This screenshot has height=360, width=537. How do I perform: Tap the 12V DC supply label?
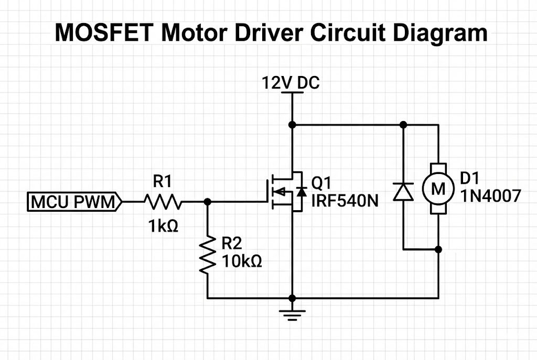[x=291, y=83]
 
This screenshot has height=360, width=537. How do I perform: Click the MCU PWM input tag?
[x=74, y=201]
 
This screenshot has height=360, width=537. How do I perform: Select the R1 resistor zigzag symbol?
[x=163, y=201]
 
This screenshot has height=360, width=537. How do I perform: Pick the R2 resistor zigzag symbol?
[x=208, y=254]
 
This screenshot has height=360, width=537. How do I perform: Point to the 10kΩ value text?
[x=242, y=260]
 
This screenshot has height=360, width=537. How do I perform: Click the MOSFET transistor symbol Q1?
[x=286, y=192]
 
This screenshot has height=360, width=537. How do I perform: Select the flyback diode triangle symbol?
[x=403, y=192]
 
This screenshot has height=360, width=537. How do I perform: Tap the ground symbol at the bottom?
[x=292, y=314]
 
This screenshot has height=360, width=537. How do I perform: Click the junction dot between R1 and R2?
[x=208, y=201]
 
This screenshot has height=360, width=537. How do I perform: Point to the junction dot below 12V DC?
[x=292, y=125]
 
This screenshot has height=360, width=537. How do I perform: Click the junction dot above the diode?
[x=403, y=125]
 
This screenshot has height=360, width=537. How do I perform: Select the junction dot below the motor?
[x=438, y=249]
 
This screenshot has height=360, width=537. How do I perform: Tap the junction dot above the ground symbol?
[x=292, y=298]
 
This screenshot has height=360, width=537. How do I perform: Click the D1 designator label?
[x=470, y=178]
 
